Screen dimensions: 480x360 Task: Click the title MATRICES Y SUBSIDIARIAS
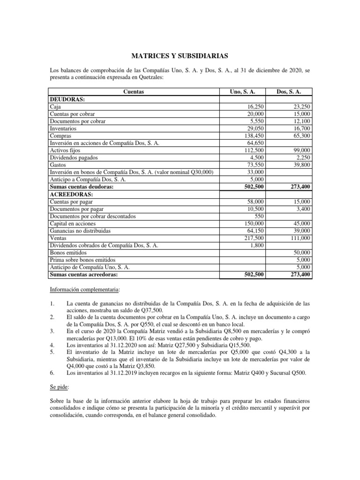(180, 56)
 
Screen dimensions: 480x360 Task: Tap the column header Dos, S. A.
(288, 92)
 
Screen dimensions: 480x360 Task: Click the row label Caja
(55, 107)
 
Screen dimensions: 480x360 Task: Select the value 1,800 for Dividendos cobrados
(257, 245)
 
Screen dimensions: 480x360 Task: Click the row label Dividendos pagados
(74, 157)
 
